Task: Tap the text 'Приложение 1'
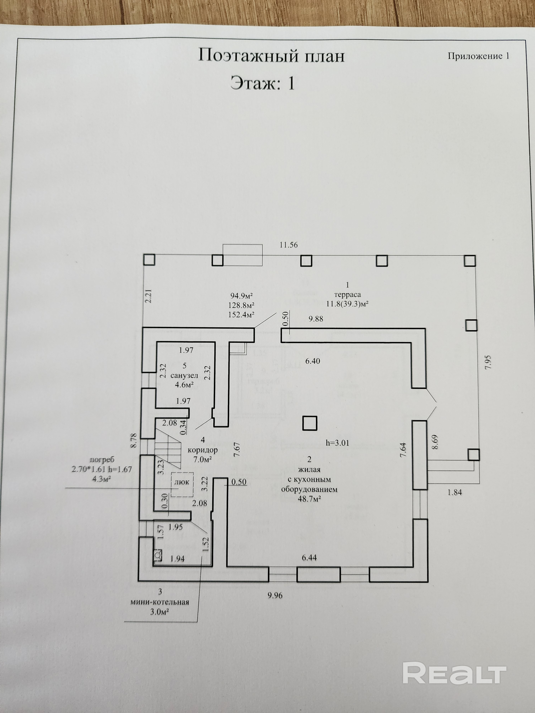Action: (x=478, y=56)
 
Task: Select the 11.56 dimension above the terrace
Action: (x=288, y=245)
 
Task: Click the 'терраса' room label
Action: (x=347, y=294)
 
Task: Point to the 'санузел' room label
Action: (x=184, y=376)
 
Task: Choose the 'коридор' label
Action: (x=203, y=450)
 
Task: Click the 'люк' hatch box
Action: (x=182, y=482)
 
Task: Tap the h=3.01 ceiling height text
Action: (x=337, y=443)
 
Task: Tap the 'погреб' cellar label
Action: (x=102, y=460)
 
